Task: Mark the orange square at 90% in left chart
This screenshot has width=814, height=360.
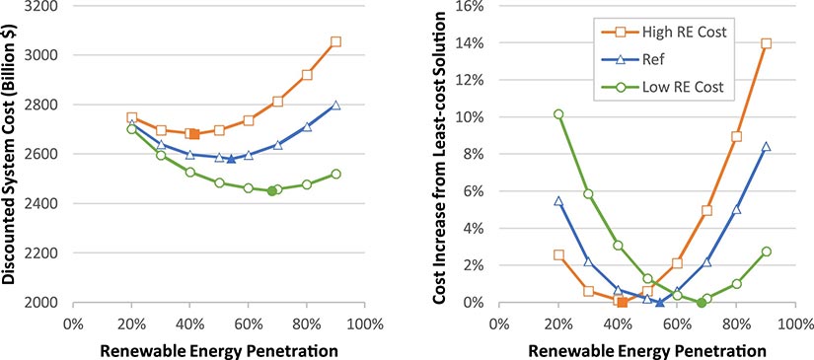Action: (335, 41)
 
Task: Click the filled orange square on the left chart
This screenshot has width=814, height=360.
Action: (194, 134)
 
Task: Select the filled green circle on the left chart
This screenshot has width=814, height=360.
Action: (271, 191)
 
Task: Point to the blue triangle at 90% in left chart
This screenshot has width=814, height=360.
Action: (335, 105)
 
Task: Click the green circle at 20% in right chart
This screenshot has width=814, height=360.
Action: (558, 114)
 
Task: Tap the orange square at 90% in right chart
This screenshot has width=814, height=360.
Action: (766, 43)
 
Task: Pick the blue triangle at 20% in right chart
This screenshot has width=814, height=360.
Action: (558, 200)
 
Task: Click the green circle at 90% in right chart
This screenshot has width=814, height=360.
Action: (766, 252)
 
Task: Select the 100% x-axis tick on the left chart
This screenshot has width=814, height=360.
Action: (364, 322)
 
